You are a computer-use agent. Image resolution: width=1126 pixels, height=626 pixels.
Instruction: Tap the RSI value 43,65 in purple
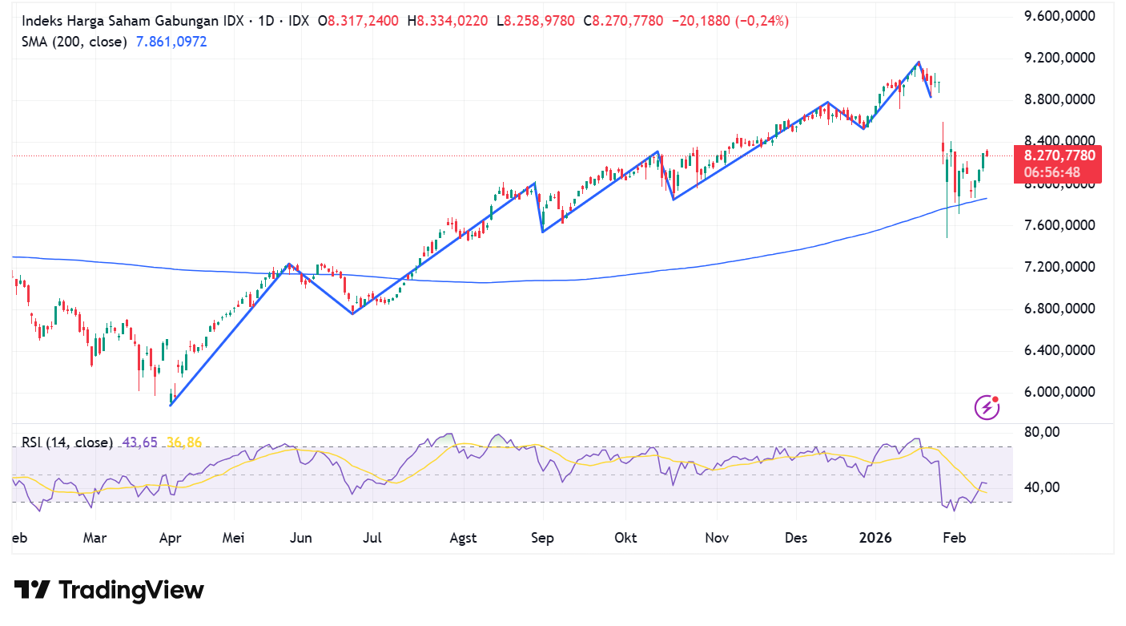[x=140, y=442]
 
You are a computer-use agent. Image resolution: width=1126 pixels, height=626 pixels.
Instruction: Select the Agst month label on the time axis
[x=464, y=538]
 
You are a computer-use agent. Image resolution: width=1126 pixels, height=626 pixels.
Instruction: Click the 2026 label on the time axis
[x=875, y=538]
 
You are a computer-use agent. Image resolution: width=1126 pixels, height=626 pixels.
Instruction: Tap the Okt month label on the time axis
[x=625, y=538]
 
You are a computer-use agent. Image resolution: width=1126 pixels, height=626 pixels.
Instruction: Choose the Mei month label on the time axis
[x=233, y=538]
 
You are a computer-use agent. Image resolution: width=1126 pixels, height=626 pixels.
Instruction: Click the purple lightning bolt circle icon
[x=987, y=407]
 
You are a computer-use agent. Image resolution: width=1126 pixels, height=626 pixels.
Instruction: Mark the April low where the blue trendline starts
[x=171, y=406]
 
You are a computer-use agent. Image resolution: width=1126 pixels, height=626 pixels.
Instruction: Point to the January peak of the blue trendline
[x=919, y=62]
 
